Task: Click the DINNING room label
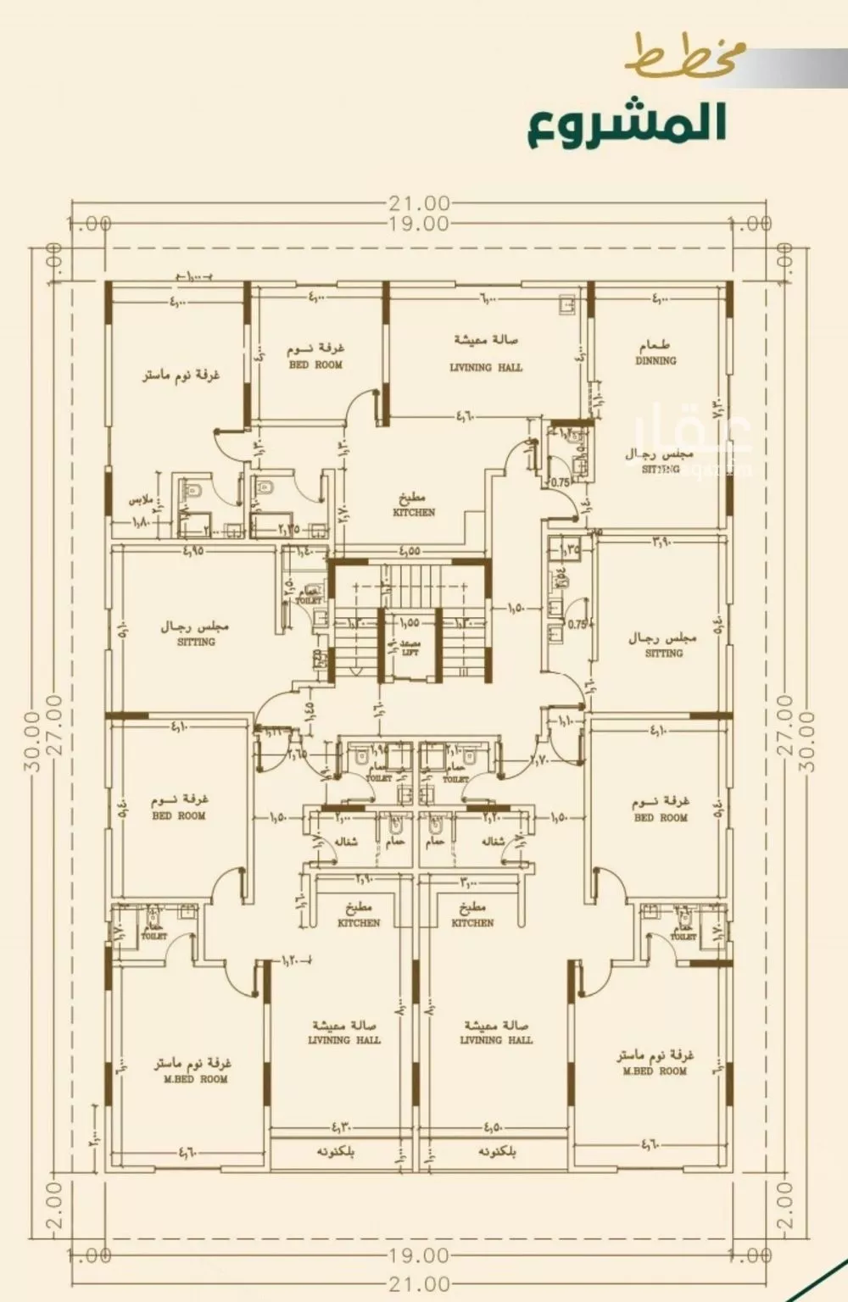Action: click(x=656, y=360)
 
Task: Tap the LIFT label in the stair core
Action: click(x=409, y=653)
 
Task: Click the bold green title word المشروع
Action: click(x=627, y=122)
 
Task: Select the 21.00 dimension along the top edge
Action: click(x=420, y=204)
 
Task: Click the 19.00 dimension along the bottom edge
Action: click(x=420, y=1255)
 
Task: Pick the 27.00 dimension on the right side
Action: click(x=784, y=725)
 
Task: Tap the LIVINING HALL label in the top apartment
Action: click(x=486, y=368)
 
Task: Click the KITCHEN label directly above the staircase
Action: click(x=414, y=513)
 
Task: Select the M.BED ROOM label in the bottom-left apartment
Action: click(x=195, y=1080)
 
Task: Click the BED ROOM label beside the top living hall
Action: click(x=315, y=365)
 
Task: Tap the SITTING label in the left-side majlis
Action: click(x=196, y=643)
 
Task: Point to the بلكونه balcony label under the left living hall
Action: click(x=335, y=1153)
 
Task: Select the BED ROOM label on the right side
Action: click(x=661, y=818)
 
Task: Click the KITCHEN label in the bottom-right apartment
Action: click(x=472, y=923)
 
